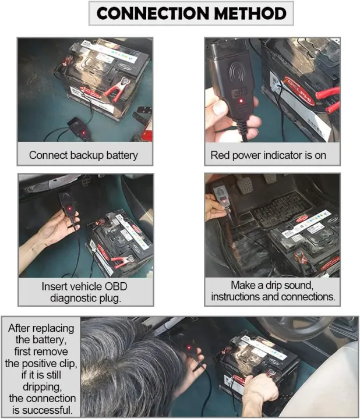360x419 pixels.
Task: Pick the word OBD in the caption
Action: click(x=115, y=287)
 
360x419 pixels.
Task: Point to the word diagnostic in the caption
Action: click(x=73, y=297)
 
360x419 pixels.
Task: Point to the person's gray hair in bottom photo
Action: click(x=125, y=367)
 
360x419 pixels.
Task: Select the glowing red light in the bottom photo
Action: click(x=188, y=349)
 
